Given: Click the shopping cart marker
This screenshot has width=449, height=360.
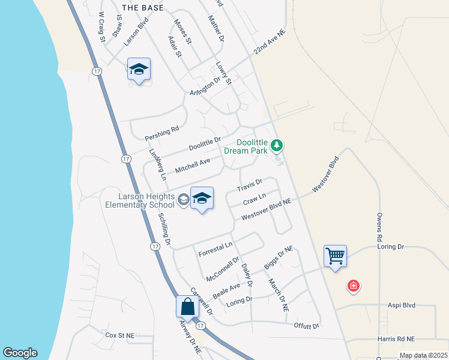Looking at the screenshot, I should coord(335,256).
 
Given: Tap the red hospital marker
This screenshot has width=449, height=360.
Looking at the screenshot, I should coord(354,286).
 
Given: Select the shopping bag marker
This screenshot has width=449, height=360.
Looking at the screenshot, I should coord(187,307).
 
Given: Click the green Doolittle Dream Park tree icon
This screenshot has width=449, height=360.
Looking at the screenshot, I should coord(276,145).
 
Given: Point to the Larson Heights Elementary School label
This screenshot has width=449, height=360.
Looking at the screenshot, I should coord(139,200).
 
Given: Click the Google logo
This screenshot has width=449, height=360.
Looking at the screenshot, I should coord(20,353).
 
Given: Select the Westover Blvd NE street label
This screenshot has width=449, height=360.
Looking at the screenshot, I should coord(266,210).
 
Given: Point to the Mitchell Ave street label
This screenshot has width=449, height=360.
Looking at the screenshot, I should coord(193,166).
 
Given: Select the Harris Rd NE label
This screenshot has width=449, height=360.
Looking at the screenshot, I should coord(414,339).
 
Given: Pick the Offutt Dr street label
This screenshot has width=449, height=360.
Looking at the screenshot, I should coord(306,326).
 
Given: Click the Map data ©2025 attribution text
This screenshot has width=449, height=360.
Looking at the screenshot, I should coord(423,355).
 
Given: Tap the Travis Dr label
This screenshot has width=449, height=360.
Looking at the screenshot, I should coord(249,185).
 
